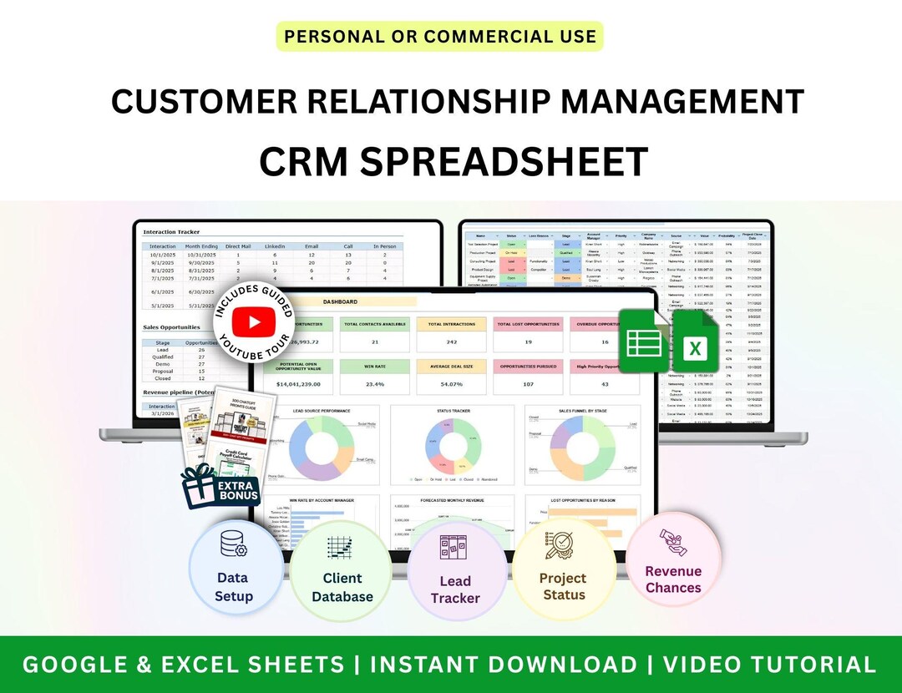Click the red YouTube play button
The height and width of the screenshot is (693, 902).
255,322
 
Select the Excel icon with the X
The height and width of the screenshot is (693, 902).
693,343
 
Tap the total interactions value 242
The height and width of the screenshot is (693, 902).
451,341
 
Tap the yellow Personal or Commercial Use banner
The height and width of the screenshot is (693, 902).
439,36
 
